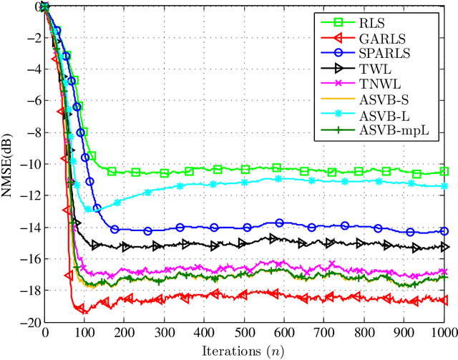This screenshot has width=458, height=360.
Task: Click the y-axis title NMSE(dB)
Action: pyautogui.click(x=10, y=165)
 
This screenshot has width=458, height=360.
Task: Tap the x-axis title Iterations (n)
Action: pyautogui.click(x=244, y=351)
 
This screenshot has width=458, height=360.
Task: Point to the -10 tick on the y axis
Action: pyautogui.click(x=28, y=165)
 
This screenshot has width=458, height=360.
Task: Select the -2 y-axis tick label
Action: pyautogui.click(x=31, y=39)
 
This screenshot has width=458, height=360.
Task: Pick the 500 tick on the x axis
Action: pyautogui.click(x=245, y=333)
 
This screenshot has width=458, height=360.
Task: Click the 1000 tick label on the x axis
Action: pyautogui.click(x=444, y=333)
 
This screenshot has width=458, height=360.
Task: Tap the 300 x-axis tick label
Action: pyautogui.click(x=165, y=333)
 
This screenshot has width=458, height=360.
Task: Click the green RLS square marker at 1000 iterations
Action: pyautogui.click(x=444, y=171)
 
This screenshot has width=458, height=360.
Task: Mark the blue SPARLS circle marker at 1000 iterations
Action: pyautogui.click(x=444, y=231)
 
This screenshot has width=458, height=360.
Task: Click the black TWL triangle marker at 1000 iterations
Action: pyautogui.click(x=444, y=247)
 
